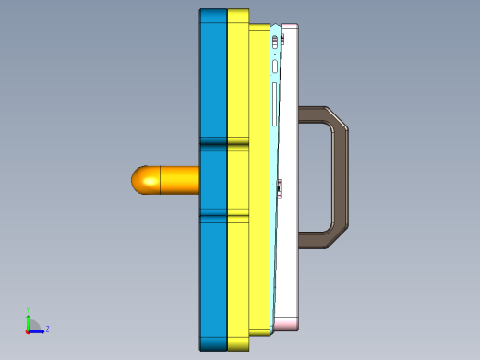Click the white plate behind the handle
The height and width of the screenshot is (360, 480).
[290, 277]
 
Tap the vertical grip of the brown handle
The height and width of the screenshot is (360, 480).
[341, 179]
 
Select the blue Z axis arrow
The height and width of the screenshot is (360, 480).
[39, 330]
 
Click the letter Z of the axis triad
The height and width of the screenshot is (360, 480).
[47, 329]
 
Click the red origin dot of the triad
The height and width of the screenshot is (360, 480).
[28, 330]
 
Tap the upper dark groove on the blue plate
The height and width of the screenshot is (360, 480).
[213, 144]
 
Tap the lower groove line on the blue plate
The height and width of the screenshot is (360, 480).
[213, 217]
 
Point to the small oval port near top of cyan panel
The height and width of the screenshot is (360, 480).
[275, 66]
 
